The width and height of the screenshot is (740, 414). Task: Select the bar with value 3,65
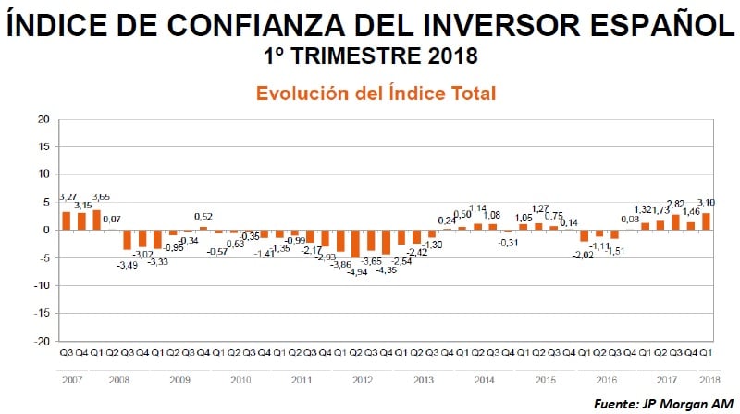(x=96, y=220)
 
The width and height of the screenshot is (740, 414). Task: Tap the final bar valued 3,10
(x=706, y=221)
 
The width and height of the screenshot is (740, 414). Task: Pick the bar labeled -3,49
(x=127, y=239)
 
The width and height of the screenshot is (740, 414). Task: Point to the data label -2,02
(x=582, y=255)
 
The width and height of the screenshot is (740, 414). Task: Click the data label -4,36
(x=386, y=270)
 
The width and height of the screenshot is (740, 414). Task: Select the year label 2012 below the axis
(x=364, y=380)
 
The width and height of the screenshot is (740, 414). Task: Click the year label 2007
(x=73, y=380)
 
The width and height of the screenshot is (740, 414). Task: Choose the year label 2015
(x=545, y=380)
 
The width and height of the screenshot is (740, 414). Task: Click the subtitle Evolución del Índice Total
(x=376, y=94)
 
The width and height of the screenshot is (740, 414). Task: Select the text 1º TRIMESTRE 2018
(x=370, y=56)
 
